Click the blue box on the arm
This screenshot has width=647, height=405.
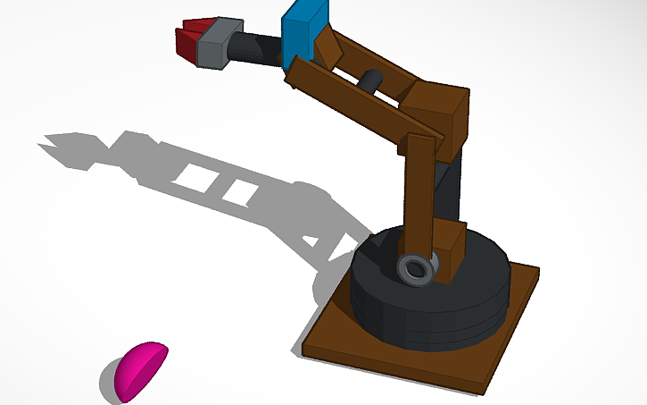303,30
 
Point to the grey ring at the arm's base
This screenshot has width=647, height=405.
416,269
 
